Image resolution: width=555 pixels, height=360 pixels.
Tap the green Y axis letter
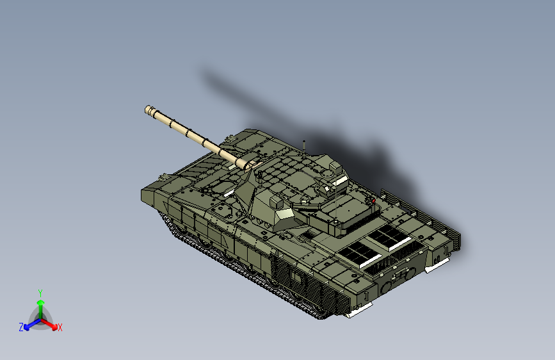pos(40,291)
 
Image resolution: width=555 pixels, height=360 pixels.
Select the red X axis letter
pos(60,327)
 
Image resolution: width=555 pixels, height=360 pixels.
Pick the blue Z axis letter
pos(21,327)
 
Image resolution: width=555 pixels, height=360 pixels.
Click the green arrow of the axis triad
pos(40,304)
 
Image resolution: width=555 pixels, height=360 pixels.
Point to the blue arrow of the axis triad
pos(29,324)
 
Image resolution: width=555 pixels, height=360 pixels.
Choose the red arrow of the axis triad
pos(52,324)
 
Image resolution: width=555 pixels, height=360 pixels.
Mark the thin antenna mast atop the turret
pos(304,145)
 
